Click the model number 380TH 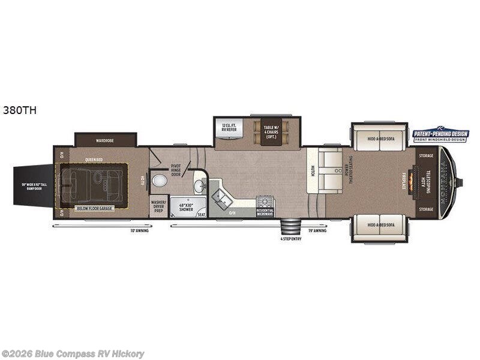click(x=16, y=110)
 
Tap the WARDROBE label click(x=104, y=140)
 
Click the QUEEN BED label click(x=93, y=160)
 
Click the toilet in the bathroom click(x=160, y=181)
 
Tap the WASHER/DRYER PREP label click(x=158, y=206)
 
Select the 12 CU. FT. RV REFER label click(x=228, y=127)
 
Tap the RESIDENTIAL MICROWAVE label click(x=265, y=211)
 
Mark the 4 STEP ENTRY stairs click(x=290, y=229)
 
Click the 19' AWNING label click(x=318, y=230)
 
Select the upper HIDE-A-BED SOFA click(x=379, y=138)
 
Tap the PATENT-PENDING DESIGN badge click(x=440, y=134)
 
